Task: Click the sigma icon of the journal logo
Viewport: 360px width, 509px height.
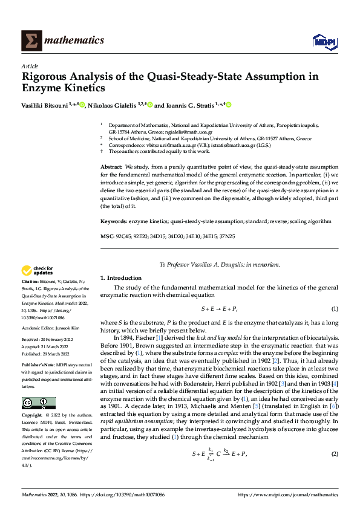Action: (x=30, y=41)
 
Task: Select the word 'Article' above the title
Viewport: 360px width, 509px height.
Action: (x=30, y=66)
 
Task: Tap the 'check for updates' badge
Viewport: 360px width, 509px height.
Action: (x=38, y=271)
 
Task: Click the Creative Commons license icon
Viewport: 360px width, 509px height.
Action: (x=38, y=403)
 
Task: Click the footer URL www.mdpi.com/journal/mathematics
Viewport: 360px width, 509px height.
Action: (x=288, y=494)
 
